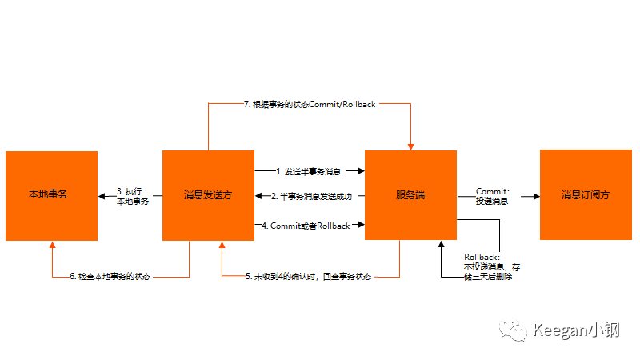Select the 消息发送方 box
coord(208,194)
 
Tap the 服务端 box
coord(411,194)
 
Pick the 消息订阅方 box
coord(586,194)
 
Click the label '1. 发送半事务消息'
coord(309,171)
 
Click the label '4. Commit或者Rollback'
coord(310,226)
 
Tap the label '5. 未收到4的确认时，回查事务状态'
coord(308,277)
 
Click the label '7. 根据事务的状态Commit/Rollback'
coord(310,104)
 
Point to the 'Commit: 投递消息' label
coord(493,196)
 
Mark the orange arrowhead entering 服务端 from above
coord(411,146)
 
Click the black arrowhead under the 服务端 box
coord(441,245)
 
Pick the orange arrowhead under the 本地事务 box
coord(52,245)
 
